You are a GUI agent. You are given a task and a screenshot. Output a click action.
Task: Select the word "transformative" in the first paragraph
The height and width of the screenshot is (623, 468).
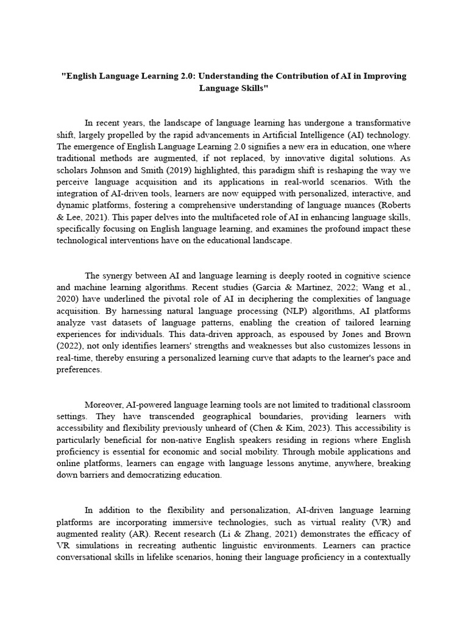pos(381,123)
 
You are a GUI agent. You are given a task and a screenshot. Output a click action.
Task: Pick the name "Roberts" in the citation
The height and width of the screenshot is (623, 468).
pos(392,206)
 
